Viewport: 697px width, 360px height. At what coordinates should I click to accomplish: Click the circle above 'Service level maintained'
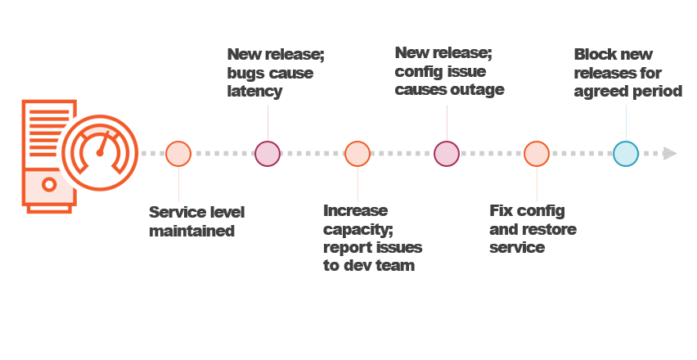coord(178,154)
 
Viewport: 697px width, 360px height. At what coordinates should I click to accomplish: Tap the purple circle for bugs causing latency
coord(268,154)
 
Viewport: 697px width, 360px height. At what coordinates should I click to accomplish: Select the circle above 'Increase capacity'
coord(357,154)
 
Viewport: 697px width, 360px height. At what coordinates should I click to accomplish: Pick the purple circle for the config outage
coord(446,154)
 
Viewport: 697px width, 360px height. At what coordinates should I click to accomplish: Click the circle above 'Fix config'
coord(536,154)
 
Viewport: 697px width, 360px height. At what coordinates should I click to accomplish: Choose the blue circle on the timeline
coord(625,154)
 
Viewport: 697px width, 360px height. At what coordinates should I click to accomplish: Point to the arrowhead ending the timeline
coord(670,154)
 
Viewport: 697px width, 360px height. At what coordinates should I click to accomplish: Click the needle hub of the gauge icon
coord(100,153)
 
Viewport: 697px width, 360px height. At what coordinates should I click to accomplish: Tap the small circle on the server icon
coord(50,184)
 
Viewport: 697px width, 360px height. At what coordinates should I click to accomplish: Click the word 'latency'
coord(254,92)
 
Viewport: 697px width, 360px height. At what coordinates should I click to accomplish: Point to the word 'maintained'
coord(191,232)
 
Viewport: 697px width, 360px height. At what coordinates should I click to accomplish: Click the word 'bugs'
coord(245,74)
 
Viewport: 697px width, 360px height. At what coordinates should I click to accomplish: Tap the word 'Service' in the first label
coord(175,213)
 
